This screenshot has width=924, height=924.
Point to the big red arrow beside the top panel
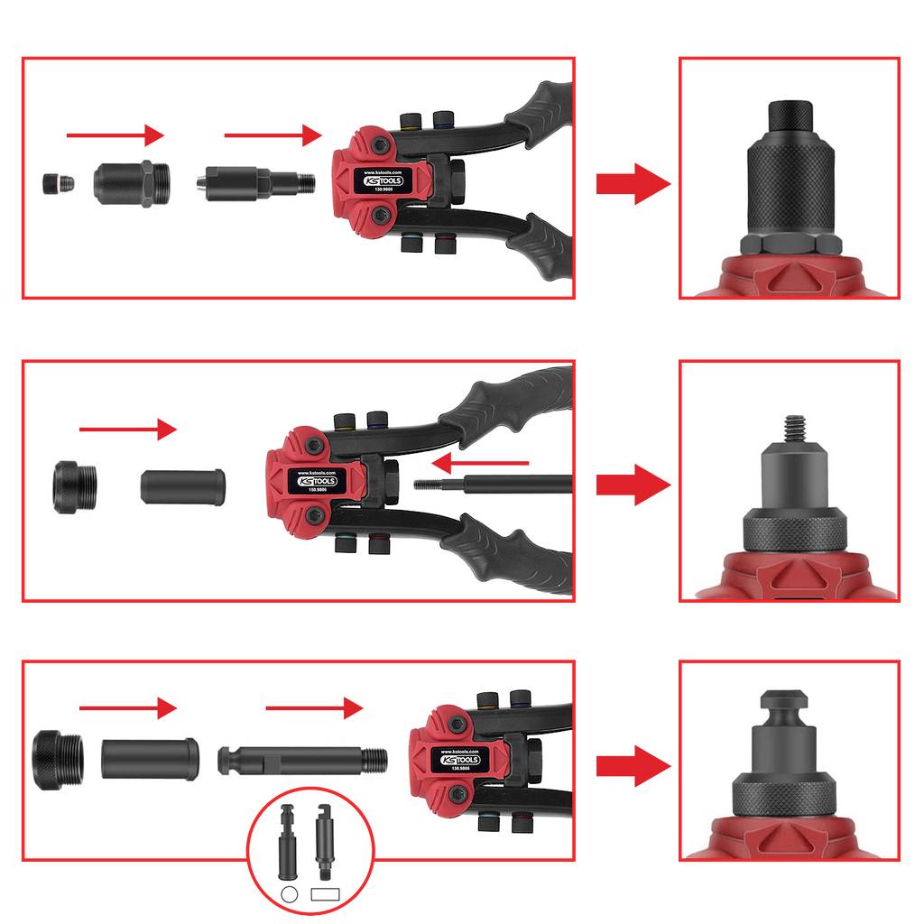coord(633,184)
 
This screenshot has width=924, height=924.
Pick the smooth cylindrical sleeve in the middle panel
coord(183,486)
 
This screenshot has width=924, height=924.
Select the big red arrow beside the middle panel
coord(633,485)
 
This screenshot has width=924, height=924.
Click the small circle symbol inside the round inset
coord(290,894)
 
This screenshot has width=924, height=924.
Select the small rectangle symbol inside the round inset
coord(324,894)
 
